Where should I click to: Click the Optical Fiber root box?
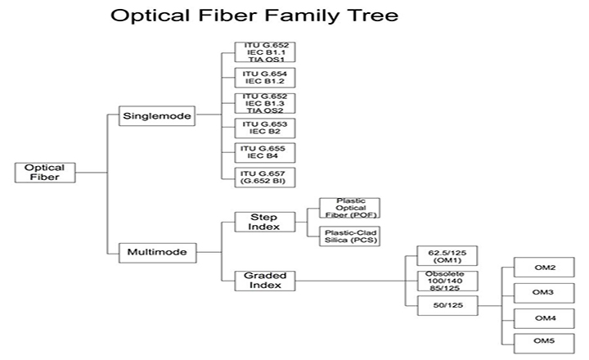pos(40,173)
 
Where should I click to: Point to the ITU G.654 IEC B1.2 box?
pos(263,78)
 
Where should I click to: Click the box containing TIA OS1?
pos(263,52)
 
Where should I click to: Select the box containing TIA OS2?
pos(263,102)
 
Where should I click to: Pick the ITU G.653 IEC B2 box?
pos(263,128)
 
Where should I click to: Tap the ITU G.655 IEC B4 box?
pos(263,152)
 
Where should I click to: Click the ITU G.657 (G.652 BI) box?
pos(263,177)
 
